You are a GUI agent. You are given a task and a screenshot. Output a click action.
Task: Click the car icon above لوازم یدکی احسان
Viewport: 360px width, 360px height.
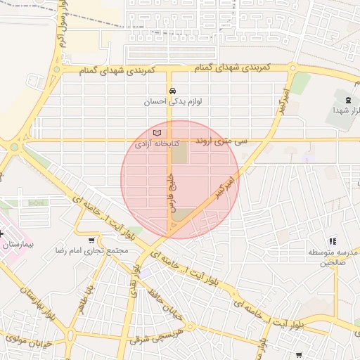tap(172, 90)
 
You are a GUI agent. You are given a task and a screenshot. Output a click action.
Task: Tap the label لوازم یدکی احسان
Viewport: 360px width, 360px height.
tap(172, 101)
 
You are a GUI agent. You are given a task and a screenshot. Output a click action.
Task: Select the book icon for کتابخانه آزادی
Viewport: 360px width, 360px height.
tap(157, 133)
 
